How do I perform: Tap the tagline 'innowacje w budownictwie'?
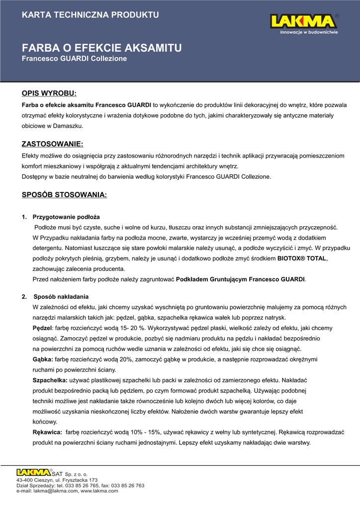coord(309,32)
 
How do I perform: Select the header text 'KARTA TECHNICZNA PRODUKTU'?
coord(90,14)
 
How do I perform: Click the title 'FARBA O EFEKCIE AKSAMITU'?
coord(101,48)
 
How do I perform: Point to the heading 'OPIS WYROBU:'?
coord(49,93)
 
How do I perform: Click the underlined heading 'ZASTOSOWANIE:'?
coord(52,144)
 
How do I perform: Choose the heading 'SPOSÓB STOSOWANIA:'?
coord(64,195)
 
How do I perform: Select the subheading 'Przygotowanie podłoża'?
coord(66,217)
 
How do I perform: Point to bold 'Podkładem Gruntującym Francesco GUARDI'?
coord(241,279)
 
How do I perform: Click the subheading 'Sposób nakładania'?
coord(61,297)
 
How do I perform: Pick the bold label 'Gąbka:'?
coord(43,359)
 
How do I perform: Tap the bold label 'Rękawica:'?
coord(47,432)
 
